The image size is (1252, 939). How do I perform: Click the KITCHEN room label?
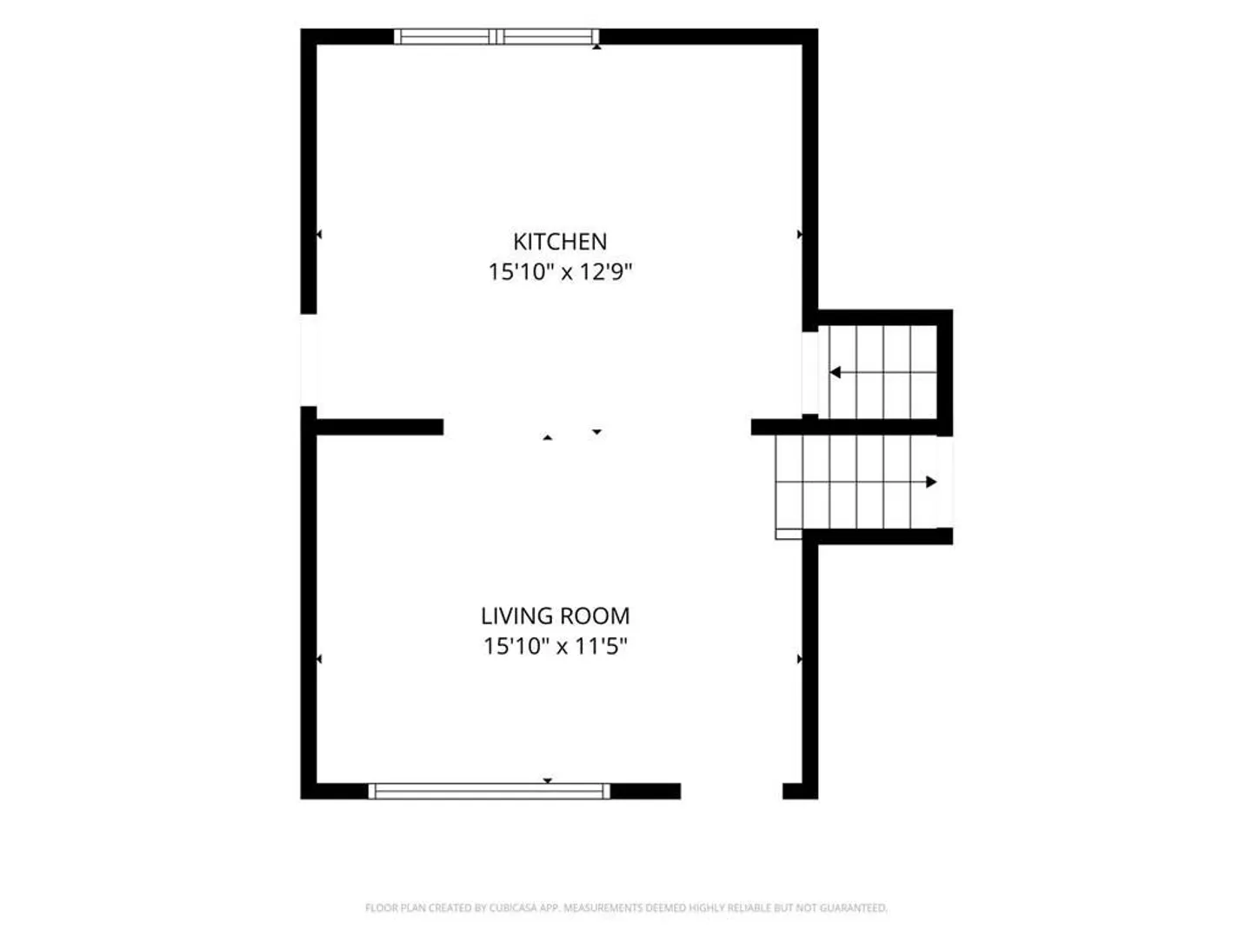pos(560,242)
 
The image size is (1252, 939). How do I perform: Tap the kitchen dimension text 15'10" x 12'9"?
pos(560,272)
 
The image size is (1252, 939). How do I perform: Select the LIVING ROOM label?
pos(555,616)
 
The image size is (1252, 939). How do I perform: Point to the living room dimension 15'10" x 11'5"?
pos(555,647)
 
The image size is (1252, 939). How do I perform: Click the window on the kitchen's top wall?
pos(496,37)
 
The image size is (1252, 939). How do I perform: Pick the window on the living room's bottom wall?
pos(489,791)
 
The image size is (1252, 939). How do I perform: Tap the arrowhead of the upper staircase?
pos(835,372)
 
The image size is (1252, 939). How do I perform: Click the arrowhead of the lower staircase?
pos(931,483)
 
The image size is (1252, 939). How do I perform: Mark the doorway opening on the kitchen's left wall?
pos(309,360)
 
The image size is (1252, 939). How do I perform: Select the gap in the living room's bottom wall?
pos(731,791)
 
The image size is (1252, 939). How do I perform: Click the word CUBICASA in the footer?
pos(513,908)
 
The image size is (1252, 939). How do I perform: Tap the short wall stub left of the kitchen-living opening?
pos(380,427)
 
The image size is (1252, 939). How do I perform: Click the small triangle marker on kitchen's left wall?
pos(319,235)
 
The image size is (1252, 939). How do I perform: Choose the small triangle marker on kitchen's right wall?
pos(800,235)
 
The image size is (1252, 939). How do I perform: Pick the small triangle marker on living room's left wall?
pos(319,659)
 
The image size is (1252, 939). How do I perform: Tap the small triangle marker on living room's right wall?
pos(800,659)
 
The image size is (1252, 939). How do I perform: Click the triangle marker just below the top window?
pos(596,47)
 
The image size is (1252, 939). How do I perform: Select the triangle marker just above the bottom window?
pos(548,781)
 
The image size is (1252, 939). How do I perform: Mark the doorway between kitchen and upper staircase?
pos(810,373)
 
